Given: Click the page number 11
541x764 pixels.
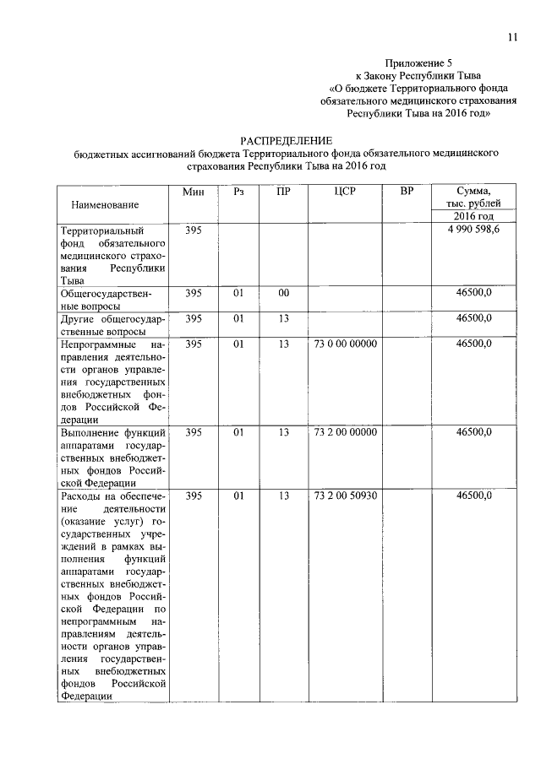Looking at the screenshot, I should (512, 37).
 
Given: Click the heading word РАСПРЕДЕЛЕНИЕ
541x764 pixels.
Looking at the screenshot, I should (287, 140).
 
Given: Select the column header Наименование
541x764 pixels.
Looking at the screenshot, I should (106, 204).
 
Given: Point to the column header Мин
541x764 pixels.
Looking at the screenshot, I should (194, 192).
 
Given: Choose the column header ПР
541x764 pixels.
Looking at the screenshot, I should (284, 192).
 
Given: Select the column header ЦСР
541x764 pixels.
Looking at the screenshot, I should (344, 192).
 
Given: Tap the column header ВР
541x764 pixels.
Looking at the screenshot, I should (407, 192).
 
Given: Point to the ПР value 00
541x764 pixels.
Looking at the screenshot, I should (284, 293).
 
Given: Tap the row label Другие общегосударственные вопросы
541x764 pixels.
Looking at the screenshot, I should (112, 325).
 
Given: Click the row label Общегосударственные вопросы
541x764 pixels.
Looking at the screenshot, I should (112, 300).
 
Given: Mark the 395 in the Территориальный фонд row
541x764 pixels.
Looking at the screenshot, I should (194, 230).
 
